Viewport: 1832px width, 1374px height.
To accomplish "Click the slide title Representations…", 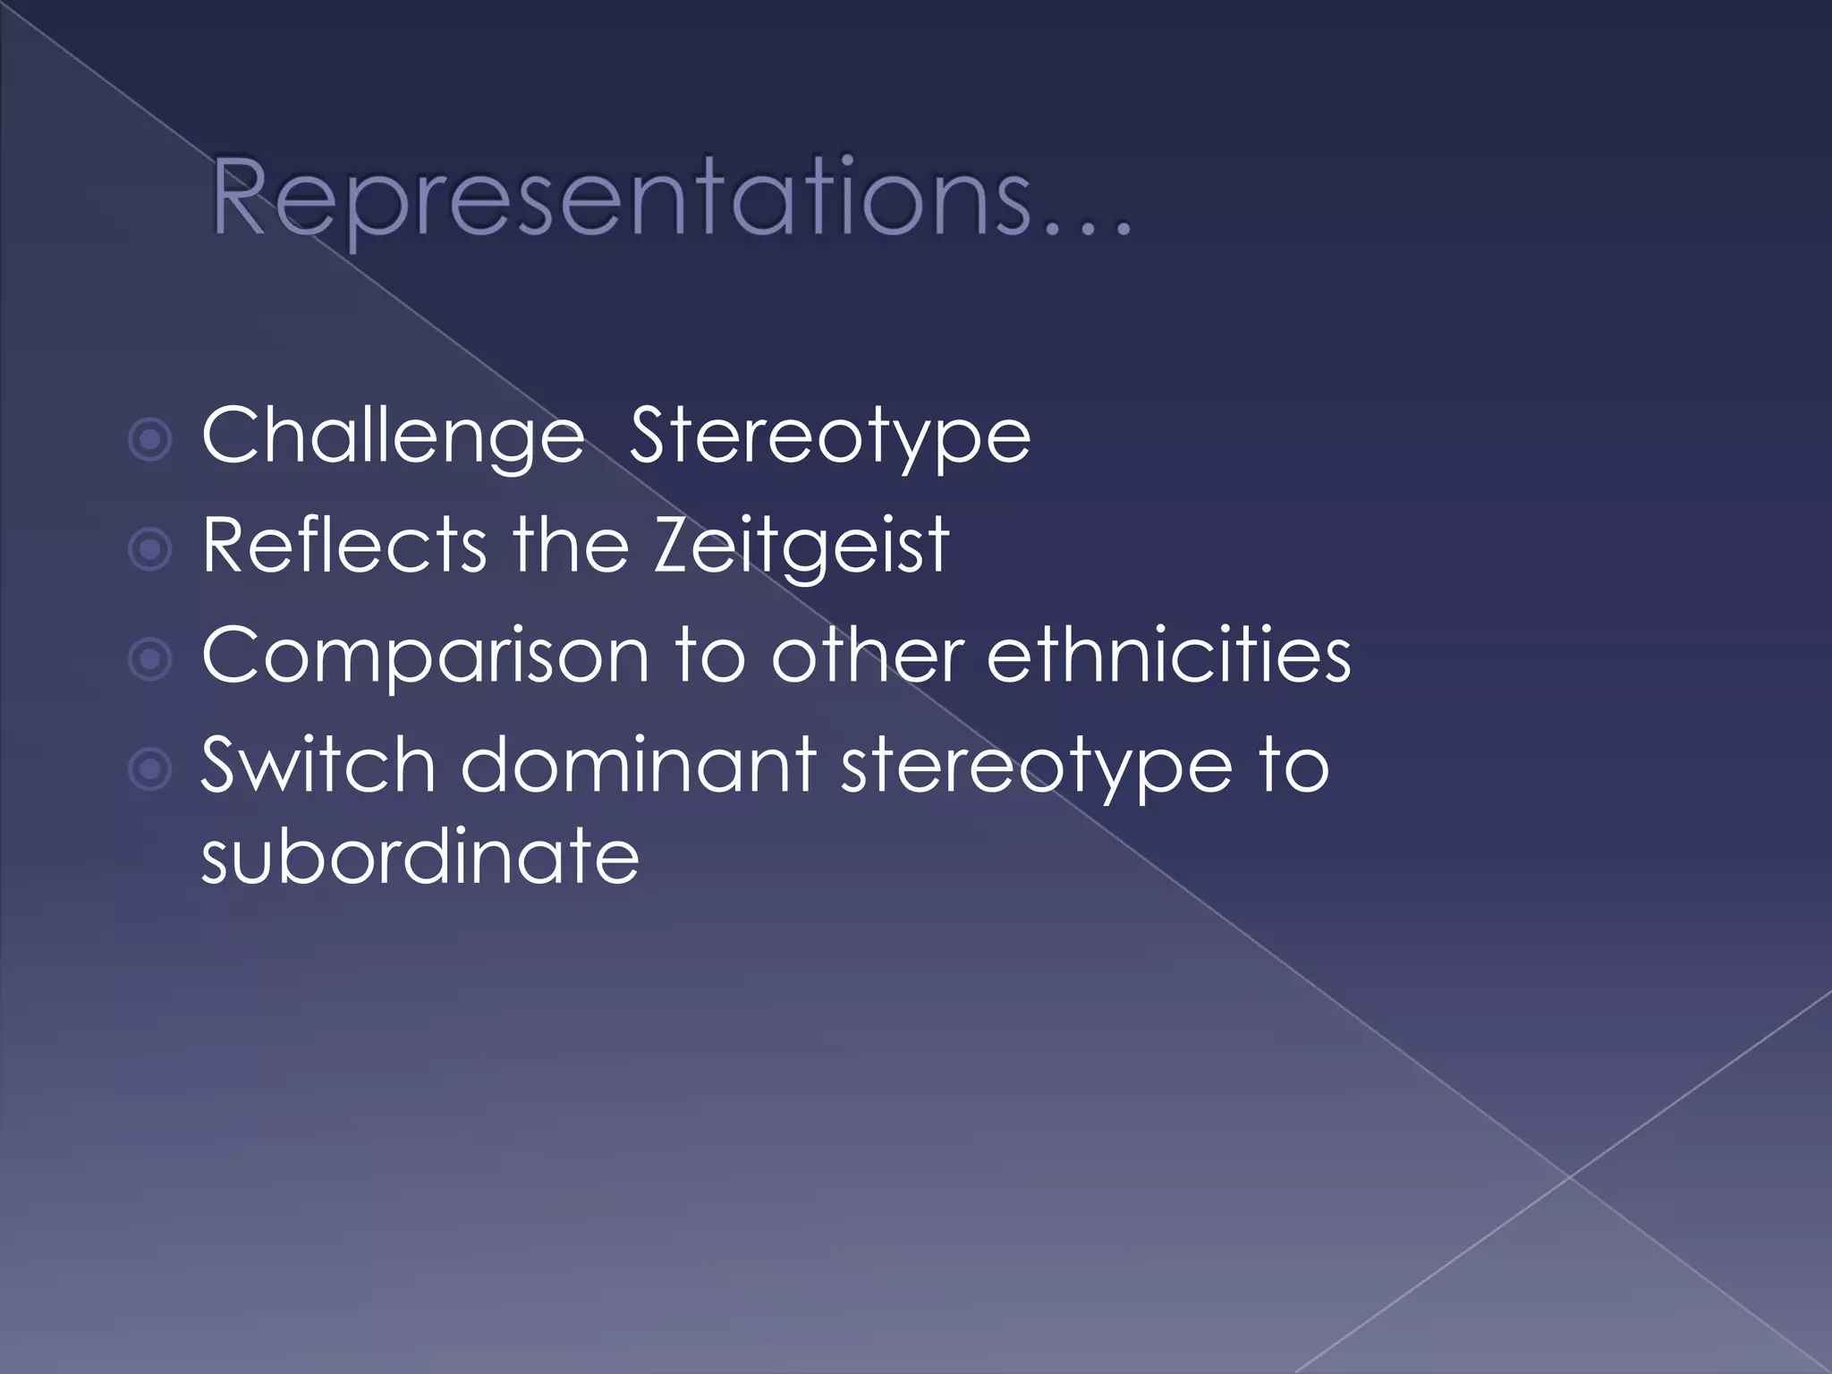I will point(671,199).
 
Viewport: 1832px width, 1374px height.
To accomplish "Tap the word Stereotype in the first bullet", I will point(829,437).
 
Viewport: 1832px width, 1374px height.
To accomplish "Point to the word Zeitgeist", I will point(801,546).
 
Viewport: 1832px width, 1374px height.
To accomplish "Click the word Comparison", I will point(425,657).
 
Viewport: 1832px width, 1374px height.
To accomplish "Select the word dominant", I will point(638,766).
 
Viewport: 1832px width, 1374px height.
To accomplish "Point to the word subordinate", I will point(420,856).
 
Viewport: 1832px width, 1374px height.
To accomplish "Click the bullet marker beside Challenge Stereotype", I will point(149,440).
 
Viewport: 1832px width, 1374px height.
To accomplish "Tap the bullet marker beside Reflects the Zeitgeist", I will point(149,550).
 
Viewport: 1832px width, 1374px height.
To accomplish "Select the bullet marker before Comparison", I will point(149,660).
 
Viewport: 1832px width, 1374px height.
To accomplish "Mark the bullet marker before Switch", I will point(149,769).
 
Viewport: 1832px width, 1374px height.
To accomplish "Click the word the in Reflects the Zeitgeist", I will point(570,546).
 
